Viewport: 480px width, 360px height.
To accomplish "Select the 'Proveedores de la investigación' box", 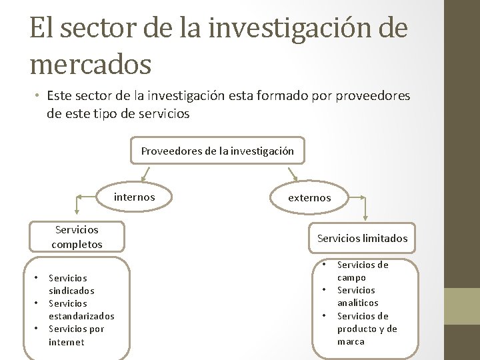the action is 217,151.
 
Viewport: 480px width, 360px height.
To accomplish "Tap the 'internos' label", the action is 135,197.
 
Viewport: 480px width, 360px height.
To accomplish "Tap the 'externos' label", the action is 309,197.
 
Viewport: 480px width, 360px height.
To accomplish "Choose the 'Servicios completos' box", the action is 77,237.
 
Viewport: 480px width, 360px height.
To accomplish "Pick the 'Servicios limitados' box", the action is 362,238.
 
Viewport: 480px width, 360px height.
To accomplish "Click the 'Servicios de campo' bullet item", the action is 362,271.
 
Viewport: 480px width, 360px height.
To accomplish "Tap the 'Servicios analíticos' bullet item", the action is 357,296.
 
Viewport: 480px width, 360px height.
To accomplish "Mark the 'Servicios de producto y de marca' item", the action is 367,329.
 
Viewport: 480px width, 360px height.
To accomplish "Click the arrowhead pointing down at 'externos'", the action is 295,178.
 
